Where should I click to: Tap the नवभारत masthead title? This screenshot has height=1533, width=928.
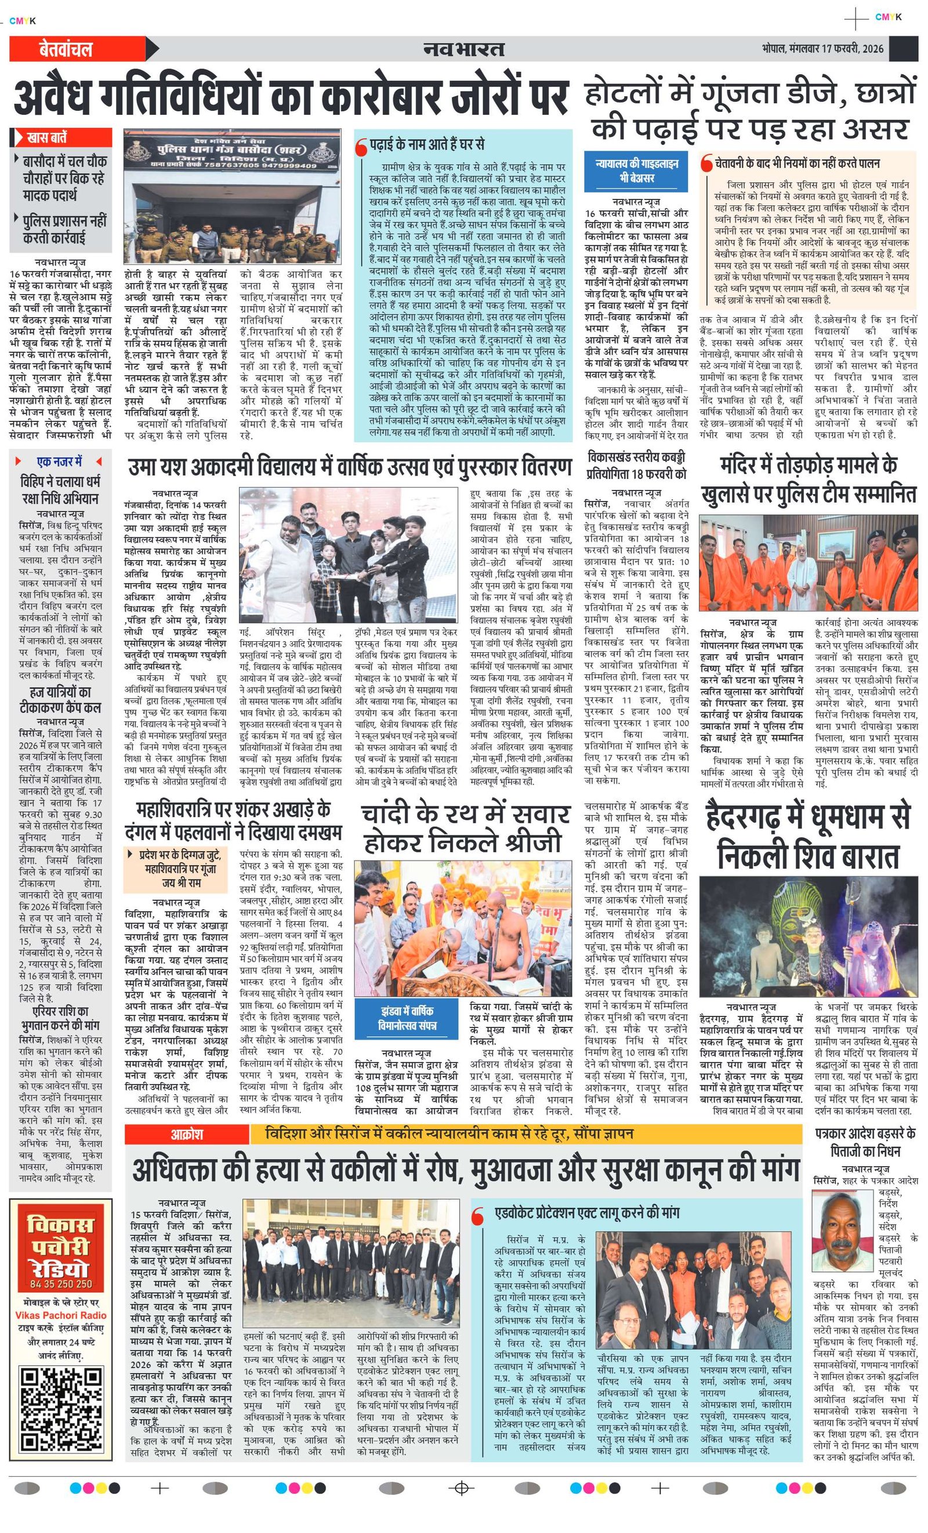(x=463, y=49)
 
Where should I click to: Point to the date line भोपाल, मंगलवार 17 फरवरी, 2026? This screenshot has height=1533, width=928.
(x=822, y=49)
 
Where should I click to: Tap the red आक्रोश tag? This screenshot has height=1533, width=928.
(x=187, y=1134)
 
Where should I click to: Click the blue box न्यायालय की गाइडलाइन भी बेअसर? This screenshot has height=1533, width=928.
(x=636, y=170)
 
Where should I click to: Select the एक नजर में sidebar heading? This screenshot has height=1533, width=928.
(x=60, y=462)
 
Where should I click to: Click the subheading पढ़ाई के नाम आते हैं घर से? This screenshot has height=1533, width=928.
(x=426, y=145)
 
